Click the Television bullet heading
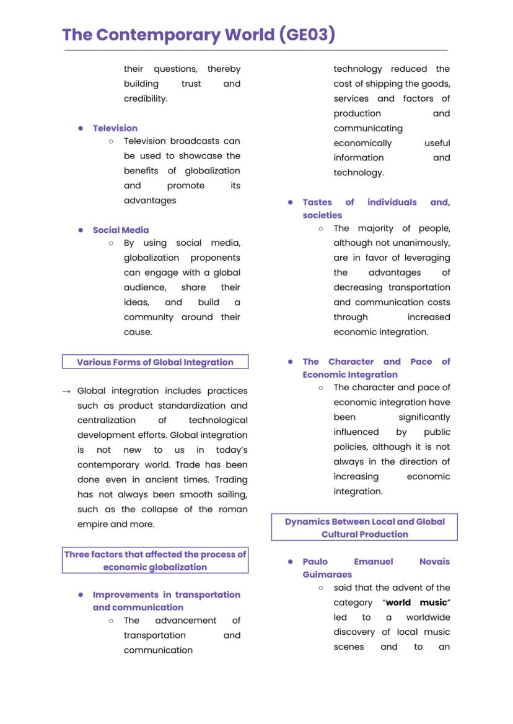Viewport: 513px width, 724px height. click(115, 128)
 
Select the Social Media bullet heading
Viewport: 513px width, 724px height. click(121, 230)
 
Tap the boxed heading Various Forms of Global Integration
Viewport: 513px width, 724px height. click(155, 362)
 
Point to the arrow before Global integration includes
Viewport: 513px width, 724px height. click(66, 391)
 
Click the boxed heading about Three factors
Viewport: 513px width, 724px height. click(155, 560)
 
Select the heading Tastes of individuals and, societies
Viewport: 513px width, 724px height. click(376, 209)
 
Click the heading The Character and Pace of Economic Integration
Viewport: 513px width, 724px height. click(376, 368)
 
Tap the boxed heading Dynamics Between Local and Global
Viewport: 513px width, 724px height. click(364, 528)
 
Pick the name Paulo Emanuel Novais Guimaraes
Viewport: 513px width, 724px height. click(376, 568)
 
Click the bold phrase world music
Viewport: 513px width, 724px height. click(416, 603)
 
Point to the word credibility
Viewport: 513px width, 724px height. click(146, 98)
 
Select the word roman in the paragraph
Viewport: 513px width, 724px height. click(232, 509)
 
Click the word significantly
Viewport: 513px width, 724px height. click(424, 417)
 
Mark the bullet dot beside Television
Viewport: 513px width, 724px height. click(81, 128)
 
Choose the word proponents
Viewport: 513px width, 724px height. click(216, 258)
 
